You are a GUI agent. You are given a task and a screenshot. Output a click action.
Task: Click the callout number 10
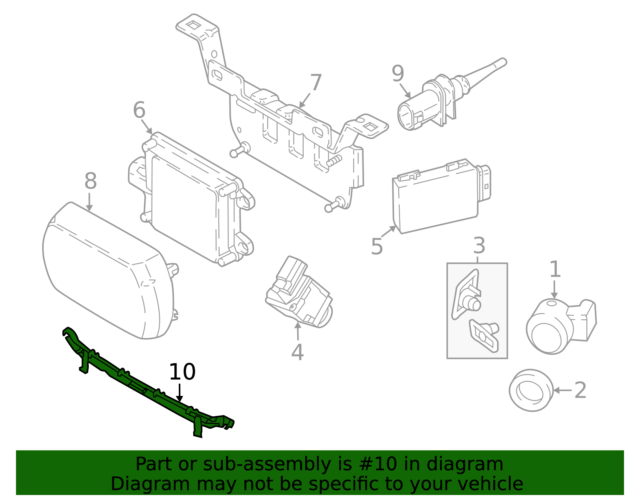click(182, 372)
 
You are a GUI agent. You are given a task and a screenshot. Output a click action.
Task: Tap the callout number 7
click(316, 83)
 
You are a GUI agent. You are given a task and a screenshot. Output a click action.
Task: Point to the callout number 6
click(139, 110)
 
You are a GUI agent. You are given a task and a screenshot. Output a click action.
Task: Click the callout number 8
click(90, 181)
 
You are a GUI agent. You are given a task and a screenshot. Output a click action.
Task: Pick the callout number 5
click(376, 247)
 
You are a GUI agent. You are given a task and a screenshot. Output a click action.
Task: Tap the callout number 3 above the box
click(479, 246)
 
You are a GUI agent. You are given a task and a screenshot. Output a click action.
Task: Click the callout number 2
click(580, 390)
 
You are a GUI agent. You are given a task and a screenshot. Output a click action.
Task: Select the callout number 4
click(297, 352)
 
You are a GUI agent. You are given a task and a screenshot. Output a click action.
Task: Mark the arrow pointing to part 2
click(562, 390)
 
